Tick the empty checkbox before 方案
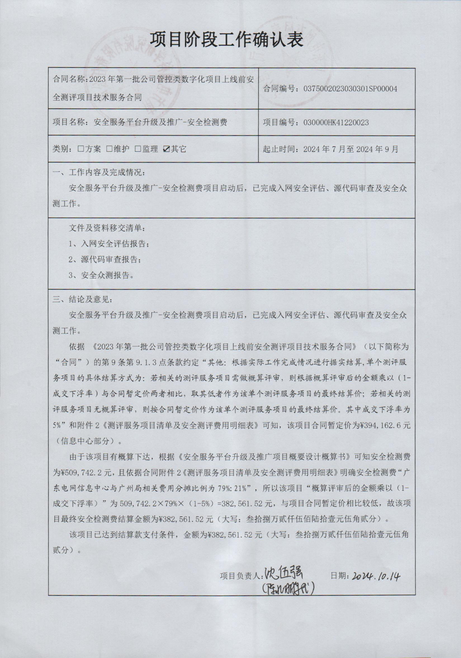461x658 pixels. pyautogui.click(x=81, y=149)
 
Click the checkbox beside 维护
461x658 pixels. pyautogui.click(x=109, y=149)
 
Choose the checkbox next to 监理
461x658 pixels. pyautogui.click(x=138, y=149)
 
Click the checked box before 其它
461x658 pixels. pyautogui.click(x=166, y=149)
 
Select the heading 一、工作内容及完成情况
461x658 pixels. pyautogui.click(x=99, y=173)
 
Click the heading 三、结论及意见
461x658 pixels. pyautogui.click(x=83, y=300)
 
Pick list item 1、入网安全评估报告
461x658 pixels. pyautogui.click(x=109, y=244)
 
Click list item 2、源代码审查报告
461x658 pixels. pyautogui.click(x=105, y=260)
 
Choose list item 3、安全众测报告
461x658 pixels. pyautogui.click(x=101, y=275)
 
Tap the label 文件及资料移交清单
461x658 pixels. pyautogui.click(x=107, y=228)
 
